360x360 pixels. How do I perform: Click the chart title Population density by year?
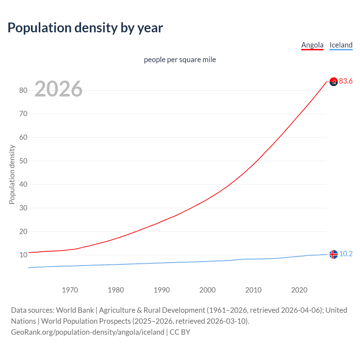(85, 28)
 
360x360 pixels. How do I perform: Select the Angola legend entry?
(312, 45)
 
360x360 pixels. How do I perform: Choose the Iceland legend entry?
(341, 45)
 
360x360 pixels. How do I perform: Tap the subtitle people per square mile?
(180, 60)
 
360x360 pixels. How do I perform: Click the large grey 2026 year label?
(58, 89)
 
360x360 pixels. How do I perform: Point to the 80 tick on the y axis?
(23, 90)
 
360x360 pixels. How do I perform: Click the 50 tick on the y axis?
(23, 161)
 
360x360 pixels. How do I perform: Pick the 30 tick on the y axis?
(23, 208)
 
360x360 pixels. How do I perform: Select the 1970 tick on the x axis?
(70, 290)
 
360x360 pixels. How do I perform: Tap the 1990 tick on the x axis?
(162, 290)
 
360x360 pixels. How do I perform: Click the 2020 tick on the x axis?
(299, 290)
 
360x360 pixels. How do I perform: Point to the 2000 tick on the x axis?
(208, 290)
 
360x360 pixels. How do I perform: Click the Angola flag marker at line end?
(334, 82)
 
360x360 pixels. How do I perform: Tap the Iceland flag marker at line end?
(334, 254)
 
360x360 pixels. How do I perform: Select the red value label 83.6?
(346, 81)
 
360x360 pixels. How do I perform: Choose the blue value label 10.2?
(346, 254)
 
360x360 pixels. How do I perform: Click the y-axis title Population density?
(12, 174)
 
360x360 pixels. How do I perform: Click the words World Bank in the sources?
(75, 310)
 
